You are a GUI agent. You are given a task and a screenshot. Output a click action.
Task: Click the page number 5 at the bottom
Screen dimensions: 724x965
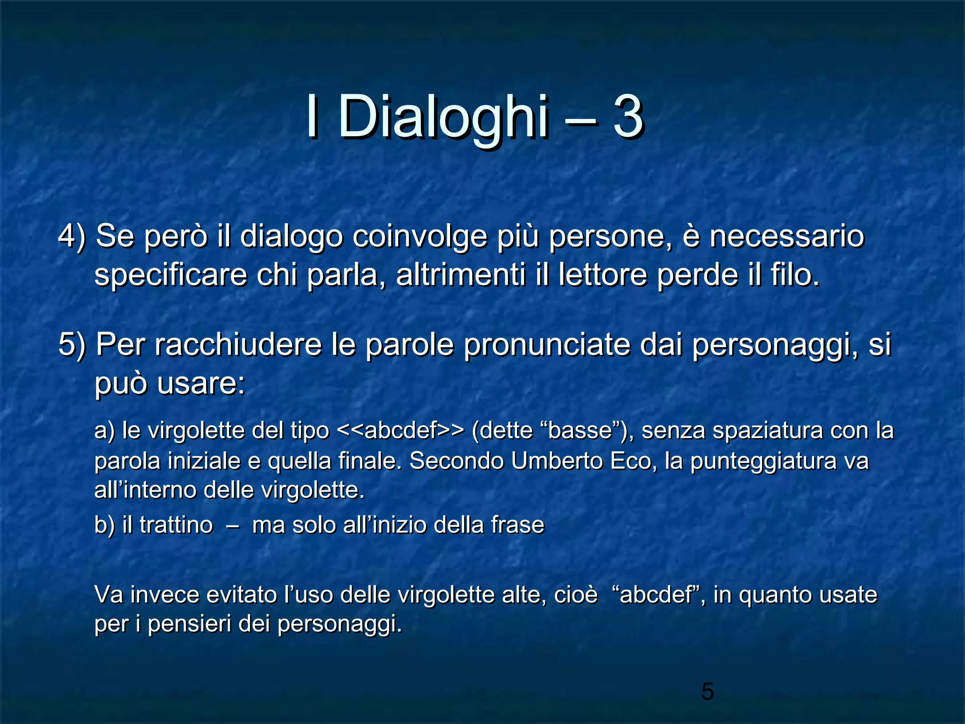[707, 691]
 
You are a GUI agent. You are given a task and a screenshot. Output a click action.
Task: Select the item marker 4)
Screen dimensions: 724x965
[72, 236]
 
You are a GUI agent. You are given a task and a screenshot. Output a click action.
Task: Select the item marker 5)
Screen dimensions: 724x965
[72, 345]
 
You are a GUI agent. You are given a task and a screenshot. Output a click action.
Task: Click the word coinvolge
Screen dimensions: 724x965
[419, 237]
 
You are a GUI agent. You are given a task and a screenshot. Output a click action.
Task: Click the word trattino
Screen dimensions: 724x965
[176, 525]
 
